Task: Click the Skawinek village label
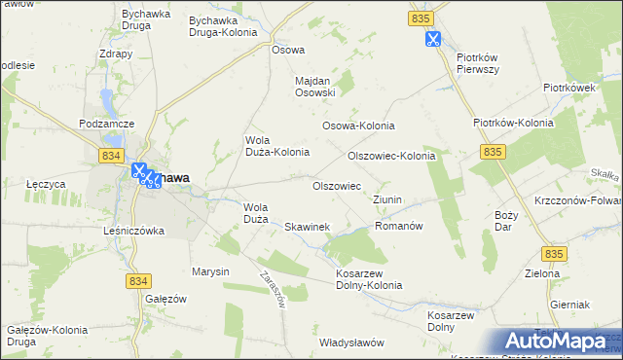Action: (307, 227)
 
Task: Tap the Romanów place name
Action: (398, 225)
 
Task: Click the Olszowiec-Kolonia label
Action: (390, 156)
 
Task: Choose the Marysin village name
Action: (209, 271)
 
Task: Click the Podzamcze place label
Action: (106, 125)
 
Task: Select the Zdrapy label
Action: (116, 54)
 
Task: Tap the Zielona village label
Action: (541, 273)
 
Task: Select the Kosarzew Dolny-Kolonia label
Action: (368, 278)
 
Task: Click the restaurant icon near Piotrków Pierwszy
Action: (432, 40)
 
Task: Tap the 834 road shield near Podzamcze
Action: (111, 156)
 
